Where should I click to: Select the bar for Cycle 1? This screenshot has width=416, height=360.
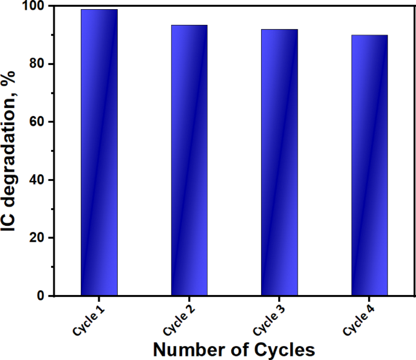click(99, 152)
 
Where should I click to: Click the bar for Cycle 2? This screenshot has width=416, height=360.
click(189, 160)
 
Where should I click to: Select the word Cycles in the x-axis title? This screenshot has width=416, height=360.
click(285, 350)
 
